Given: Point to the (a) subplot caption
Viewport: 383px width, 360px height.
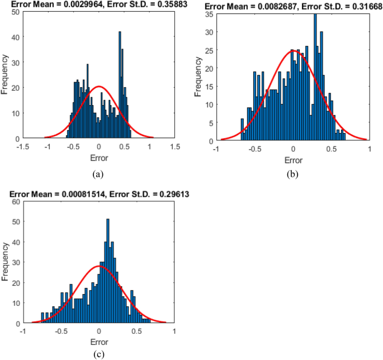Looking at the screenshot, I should pos(98,174).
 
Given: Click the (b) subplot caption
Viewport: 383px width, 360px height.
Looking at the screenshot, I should pos(292,174).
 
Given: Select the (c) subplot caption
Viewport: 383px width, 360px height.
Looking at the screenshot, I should pos(98,353).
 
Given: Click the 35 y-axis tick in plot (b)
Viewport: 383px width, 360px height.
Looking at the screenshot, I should pos(210,14).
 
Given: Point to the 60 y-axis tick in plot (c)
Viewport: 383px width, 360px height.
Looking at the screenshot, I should pos(16,202).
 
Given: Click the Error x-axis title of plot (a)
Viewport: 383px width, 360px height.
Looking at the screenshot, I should pos(99,157).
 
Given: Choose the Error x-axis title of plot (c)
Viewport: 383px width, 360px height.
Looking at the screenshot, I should pos(98,342).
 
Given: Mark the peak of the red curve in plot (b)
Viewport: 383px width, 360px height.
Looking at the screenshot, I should pos(293,51).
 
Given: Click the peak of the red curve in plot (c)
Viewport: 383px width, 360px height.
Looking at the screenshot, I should pos(99,267).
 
